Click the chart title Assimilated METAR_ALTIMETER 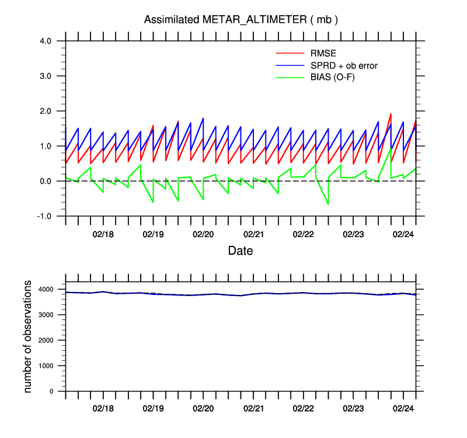(x=241, y=20)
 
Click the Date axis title (x=241, y=252)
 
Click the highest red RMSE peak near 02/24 (x=391, y=114)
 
